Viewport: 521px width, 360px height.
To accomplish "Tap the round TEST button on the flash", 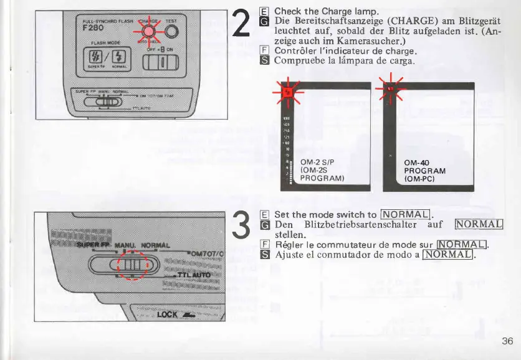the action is coord(172,33).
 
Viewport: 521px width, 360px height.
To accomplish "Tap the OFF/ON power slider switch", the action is coord(161,62).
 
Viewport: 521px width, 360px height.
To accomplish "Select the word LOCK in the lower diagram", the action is coord(168,314).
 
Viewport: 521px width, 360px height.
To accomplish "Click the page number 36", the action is coord(507,341).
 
